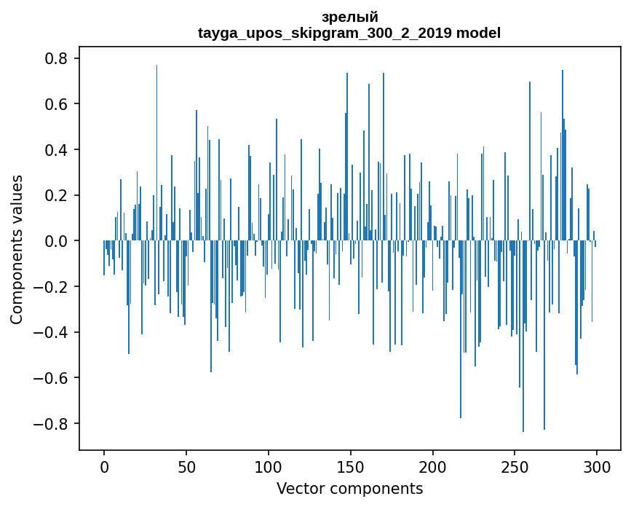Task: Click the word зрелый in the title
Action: tap(349, 17)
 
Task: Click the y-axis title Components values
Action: tap(17, 249)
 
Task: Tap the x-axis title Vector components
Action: tap(349, 489)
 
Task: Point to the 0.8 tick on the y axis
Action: tap(58, 58)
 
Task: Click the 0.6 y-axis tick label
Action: tap(58, 104)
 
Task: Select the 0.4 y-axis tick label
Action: tap(58, 150)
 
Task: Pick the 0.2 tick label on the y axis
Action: tap(58, 195)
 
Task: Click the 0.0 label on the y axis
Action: tap(58, 241)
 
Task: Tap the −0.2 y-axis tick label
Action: tap(53, 287)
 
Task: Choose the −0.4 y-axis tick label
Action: tap(53, 332)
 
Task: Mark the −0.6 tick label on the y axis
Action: tap(53, 378)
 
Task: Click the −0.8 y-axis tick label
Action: tap(53, 424)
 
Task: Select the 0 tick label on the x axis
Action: tap(104, 465)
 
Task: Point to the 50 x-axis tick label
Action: tap(186, 465)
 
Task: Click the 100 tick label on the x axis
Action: tap(269, 465)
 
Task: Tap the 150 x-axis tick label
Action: tap(351, 465)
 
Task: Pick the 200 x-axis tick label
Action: tap(433, 465)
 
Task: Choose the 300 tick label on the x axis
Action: tap(597, 465)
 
